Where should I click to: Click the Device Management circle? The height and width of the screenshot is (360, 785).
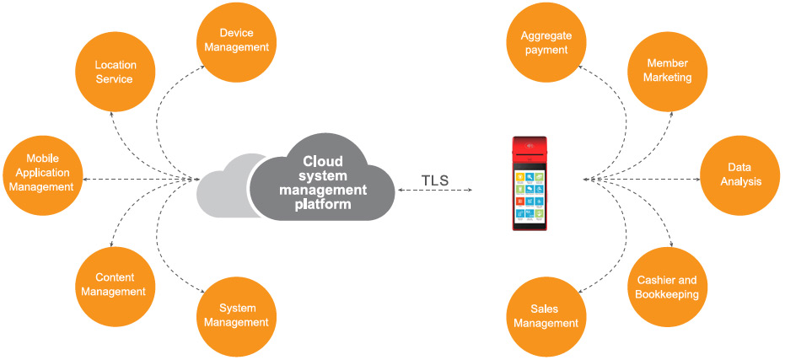point(236,40)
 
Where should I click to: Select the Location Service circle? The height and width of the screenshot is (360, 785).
point(114,72)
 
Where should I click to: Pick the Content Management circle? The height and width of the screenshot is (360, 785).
point(114,284)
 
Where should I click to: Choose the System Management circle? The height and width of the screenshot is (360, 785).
point(237,315)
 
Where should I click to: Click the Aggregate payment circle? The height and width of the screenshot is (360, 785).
point(544,42)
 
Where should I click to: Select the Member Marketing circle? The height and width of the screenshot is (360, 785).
point(668,71)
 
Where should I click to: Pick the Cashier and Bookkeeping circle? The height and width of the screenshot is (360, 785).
point(668,287)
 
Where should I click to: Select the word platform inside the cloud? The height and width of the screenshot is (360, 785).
point(325,203)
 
